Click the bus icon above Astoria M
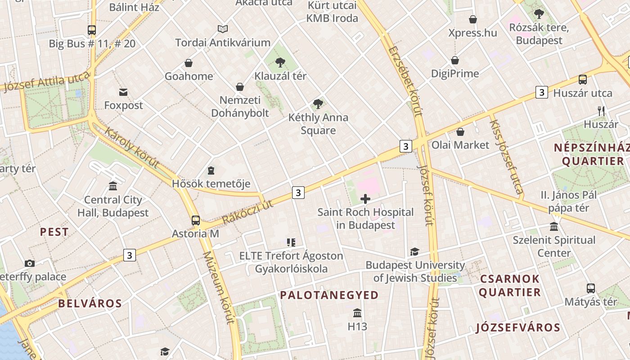196,220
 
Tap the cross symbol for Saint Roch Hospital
365,198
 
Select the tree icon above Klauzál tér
280,62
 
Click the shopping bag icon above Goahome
189,63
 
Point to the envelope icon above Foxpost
123,92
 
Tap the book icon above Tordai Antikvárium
223,29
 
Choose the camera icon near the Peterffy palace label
30,263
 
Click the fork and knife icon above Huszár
601,111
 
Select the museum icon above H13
357,313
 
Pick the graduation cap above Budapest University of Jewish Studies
414,252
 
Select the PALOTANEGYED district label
329,295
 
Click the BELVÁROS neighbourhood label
90,303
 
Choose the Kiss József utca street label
507,157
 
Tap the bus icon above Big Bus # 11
92,30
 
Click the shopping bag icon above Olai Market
460,132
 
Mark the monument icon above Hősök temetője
211,171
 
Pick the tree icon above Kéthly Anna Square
318,104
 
